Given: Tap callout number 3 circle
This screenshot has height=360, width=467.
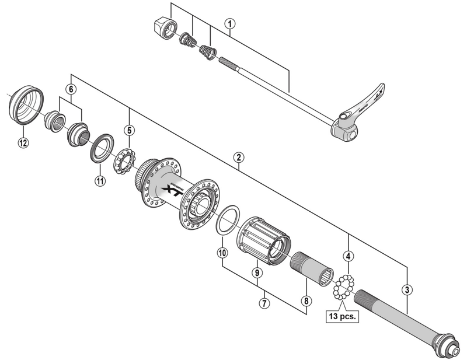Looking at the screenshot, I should point(407,288).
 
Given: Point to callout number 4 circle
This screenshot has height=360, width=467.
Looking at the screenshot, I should point(348,256).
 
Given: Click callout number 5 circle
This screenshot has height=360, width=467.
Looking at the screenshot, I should point(129,130).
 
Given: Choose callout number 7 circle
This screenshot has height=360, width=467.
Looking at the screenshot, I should point(264,303).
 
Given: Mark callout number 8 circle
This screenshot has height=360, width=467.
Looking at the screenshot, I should point(305,302).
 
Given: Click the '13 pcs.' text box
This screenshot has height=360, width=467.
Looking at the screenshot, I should point(342,317).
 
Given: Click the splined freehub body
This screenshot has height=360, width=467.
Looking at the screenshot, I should point(263,240).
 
